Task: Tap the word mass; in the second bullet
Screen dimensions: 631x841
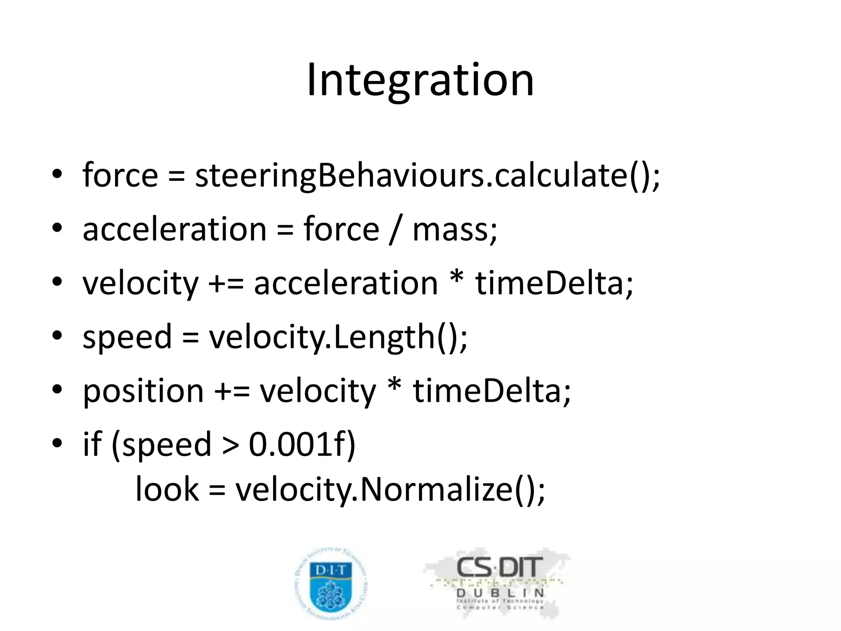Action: pos(455,229)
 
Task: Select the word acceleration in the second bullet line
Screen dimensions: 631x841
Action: pos(175,229)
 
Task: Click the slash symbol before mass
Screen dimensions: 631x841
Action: pos(395,230)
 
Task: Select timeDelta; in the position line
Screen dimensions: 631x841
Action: pos(492,391)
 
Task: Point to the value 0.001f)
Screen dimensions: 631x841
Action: pos(302,444)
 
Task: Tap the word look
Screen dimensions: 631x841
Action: pos(167,490)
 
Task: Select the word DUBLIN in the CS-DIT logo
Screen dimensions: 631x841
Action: pos(500,593)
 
